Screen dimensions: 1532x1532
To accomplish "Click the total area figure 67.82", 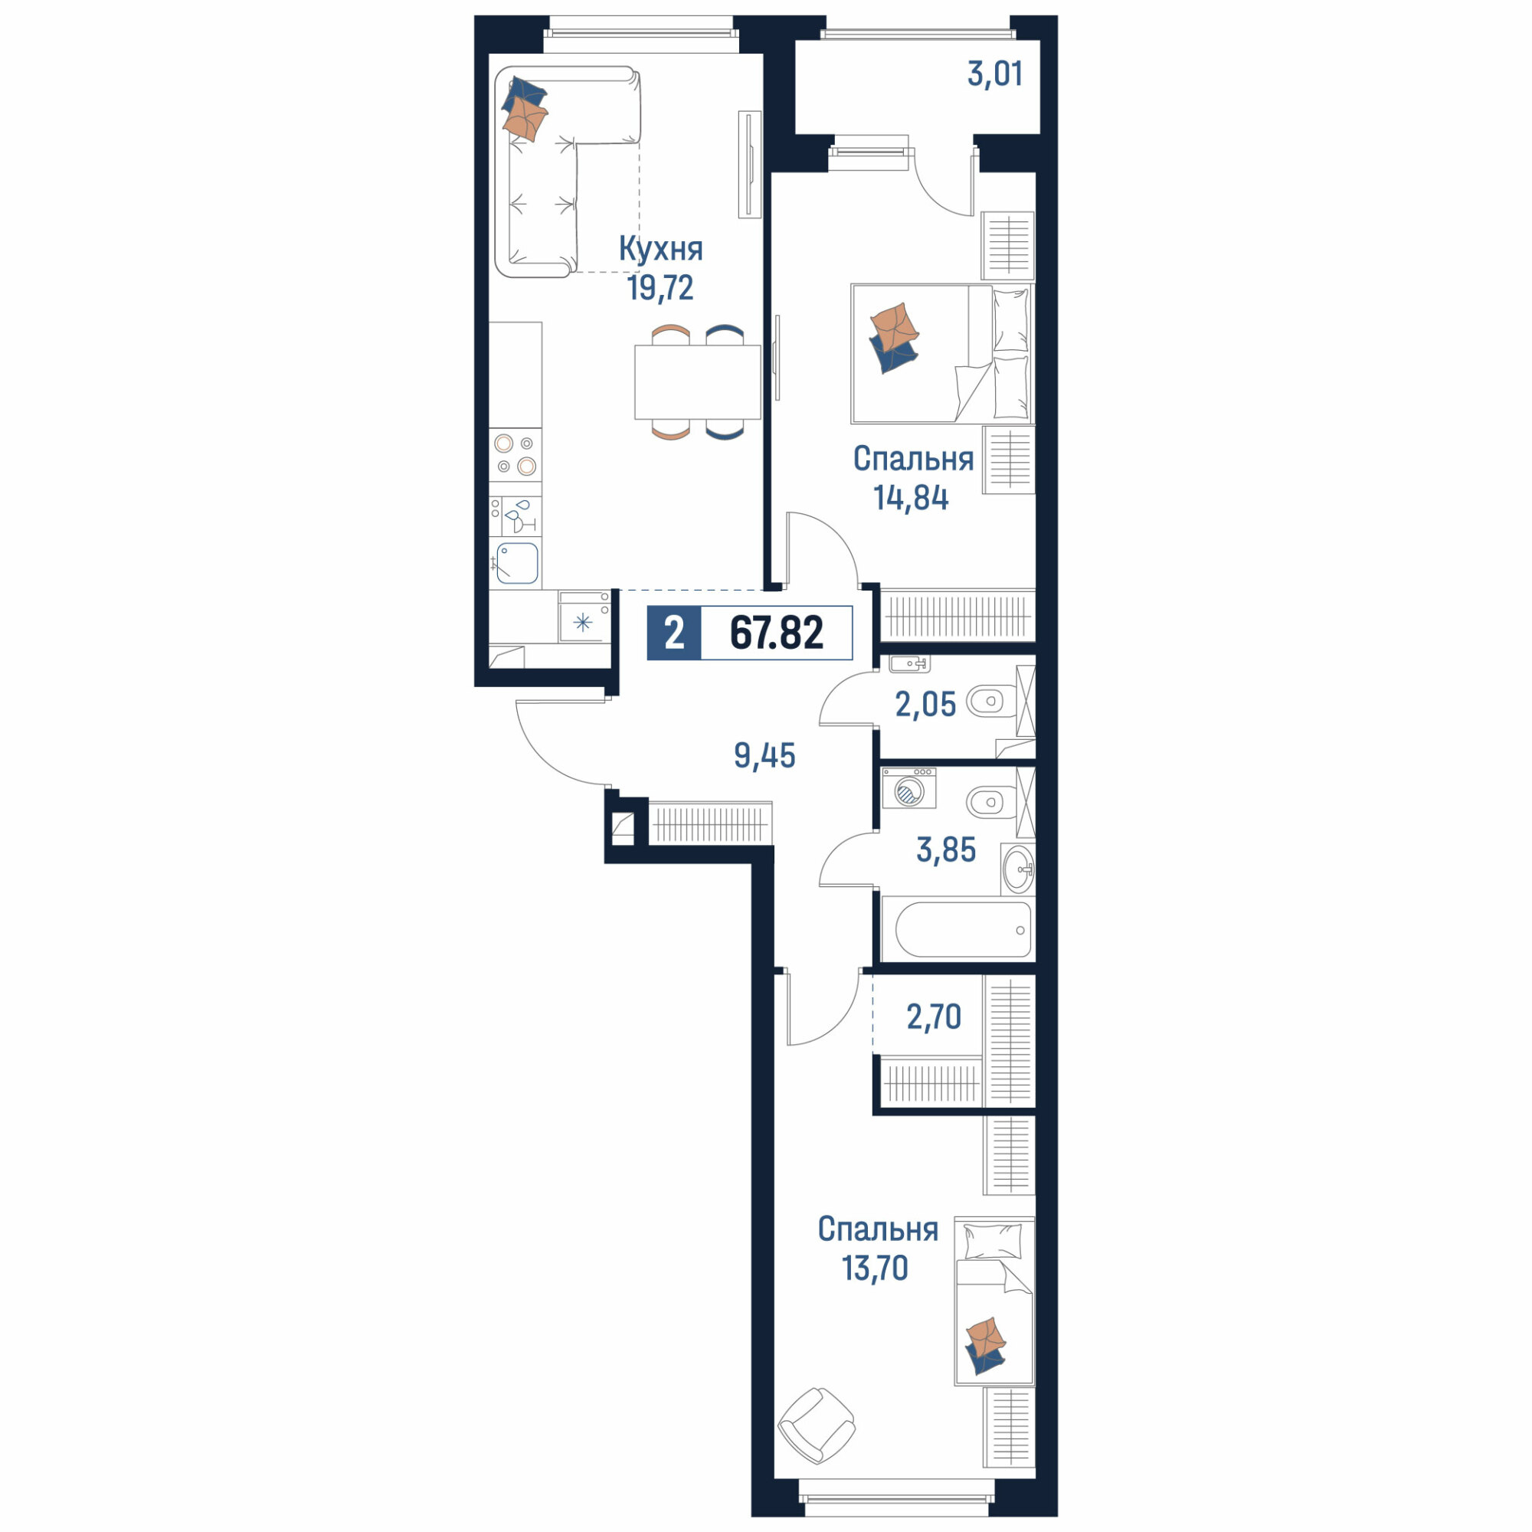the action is coord(776,633).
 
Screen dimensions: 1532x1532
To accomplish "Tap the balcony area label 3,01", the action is coord(994,74).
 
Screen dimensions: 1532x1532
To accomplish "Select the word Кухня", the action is coord(660,249).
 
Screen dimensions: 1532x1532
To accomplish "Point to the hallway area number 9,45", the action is coord(764,756).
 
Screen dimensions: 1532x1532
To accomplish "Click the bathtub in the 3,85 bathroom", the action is coord(964,929).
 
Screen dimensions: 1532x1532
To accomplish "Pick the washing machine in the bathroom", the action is coord(909,788).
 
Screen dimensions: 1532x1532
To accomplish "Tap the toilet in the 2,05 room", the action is coord(990,702).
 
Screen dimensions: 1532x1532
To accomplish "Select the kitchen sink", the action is coord(517,563).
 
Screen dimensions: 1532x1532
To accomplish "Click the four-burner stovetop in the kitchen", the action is coord(516,454).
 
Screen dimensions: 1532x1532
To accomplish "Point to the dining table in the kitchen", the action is coord(697,381).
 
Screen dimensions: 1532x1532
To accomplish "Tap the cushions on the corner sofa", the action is coord(525,109).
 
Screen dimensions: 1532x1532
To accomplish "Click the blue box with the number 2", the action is coord(674,633).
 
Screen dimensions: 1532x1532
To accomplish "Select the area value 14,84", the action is coord(911,498).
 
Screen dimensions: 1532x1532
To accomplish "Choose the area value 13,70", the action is coord(876,1268).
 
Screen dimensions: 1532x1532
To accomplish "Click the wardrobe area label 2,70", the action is coord(933,1016).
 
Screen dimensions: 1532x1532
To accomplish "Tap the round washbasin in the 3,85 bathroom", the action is coord(1018,869).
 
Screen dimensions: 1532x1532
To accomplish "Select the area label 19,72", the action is coord(660,288).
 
